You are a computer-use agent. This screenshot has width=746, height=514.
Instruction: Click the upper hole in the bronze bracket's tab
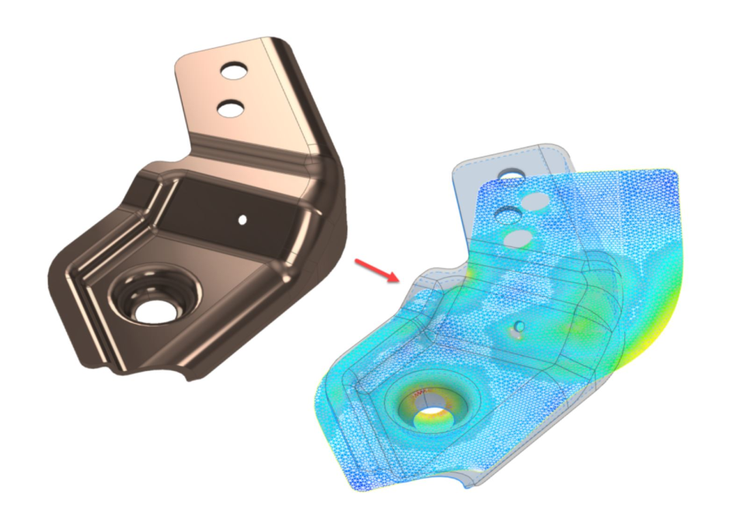[x=232, y=71]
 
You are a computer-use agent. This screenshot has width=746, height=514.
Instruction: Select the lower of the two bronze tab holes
[x=231, y=109]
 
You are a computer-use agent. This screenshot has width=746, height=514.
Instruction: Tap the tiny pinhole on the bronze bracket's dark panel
[x=242, y=220]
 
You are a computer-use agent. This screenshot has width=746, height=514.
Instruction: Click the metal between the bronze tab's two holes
[x=231, y=90]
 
